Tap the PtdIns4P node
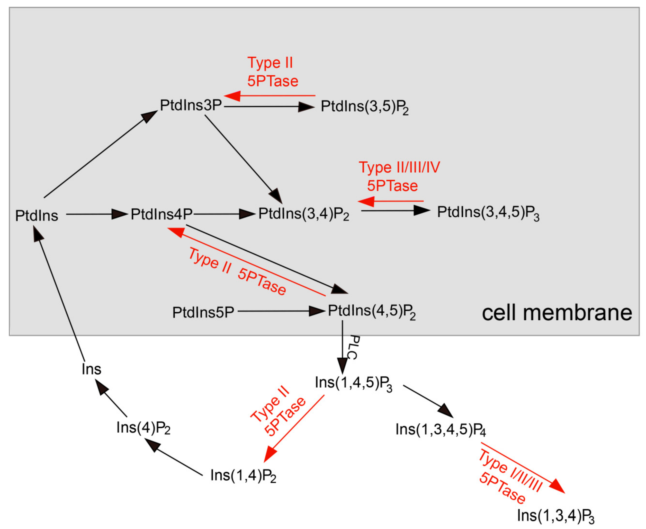click(x=162, y=214)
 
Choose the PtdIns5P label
click(x=203, y=312)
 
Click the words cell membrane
click(x=557, y=313)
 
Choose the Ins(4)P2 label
click(x=143, y=428)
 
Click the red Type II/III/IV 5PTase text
click(x=399, y=177)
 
